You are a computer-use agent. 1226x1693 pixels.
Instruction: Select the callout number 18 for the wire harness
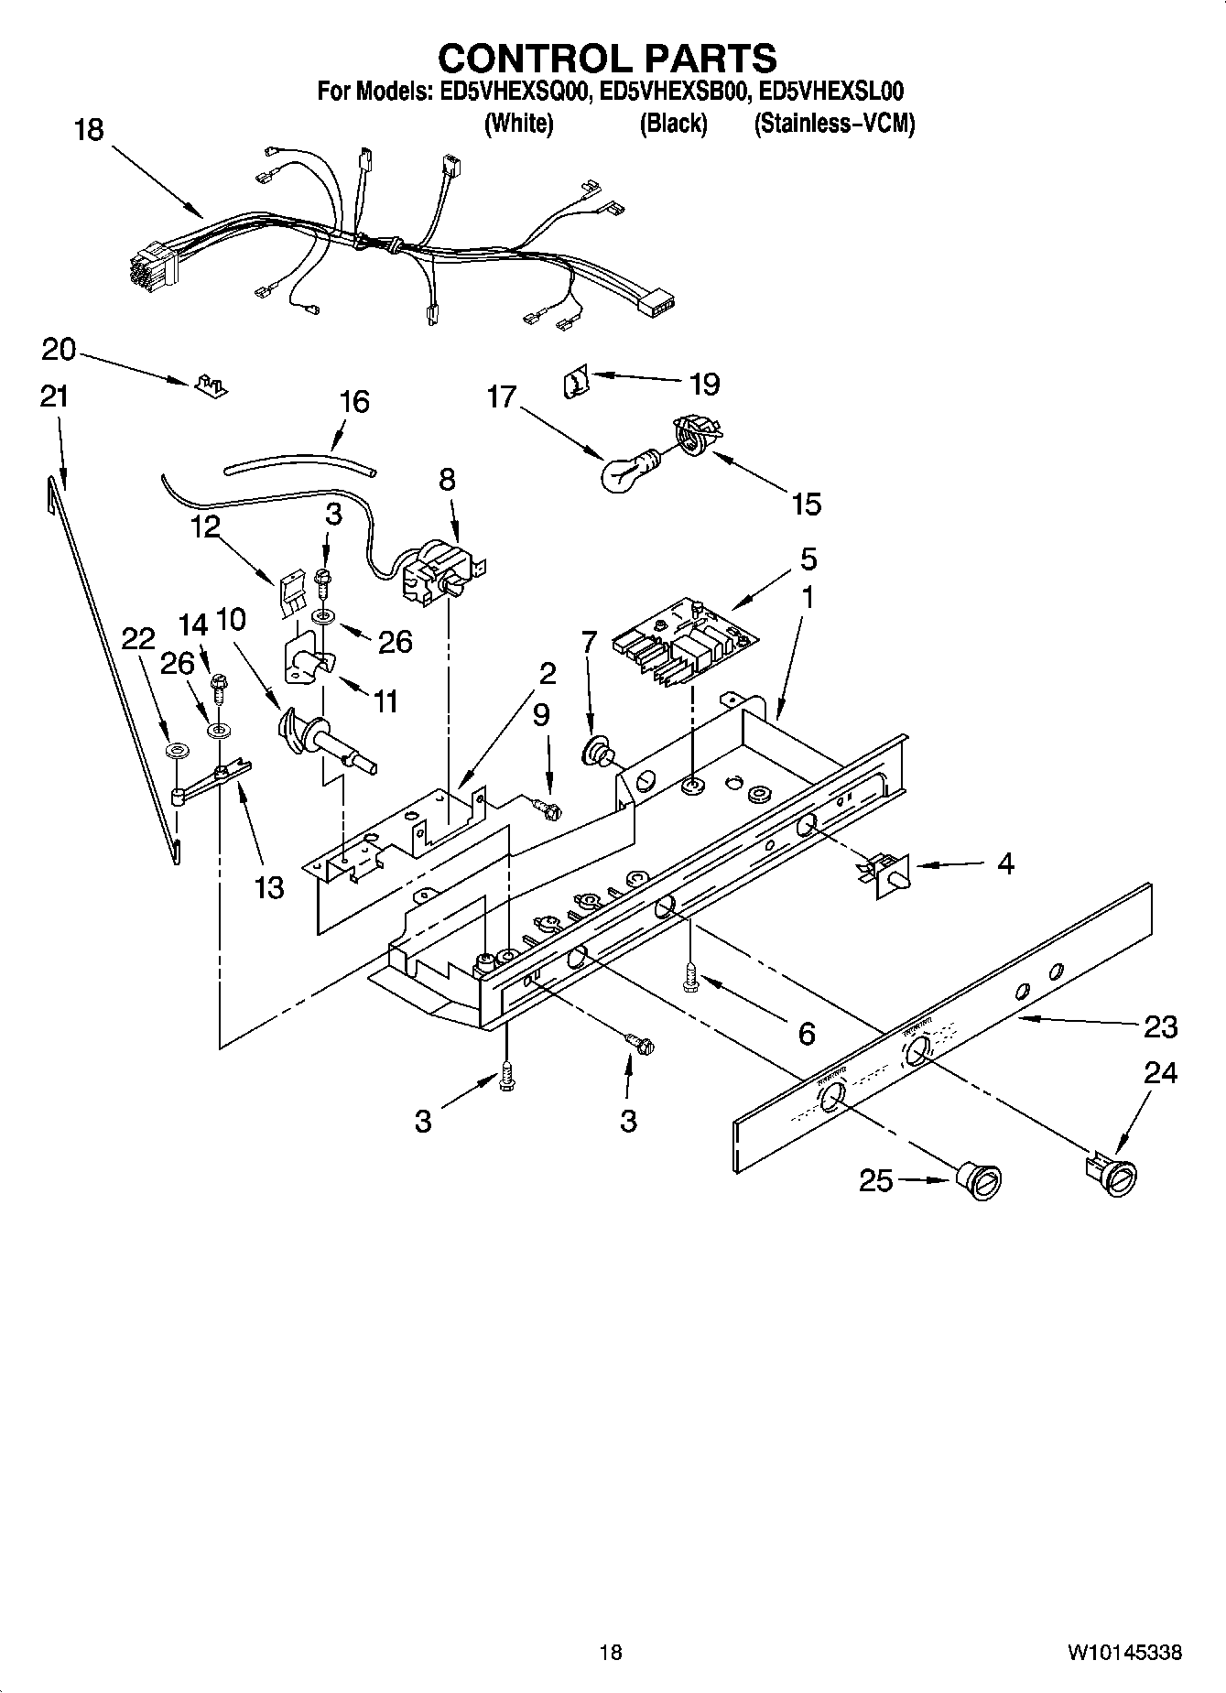click(89, 130)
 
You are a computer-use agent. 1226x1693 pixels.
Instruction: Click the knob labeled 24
click(1115, 1177)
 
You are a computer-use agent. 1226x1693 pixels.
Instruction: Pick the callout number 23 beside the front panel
click(1160, 1026)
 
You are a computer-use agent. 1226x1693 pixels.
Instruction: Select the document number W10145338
click(1123, 1653)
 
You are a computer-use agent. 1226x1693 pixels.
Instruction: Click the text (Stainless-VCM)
click(833, 124)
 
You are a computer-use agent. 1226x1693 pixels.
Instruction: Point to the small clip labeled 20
click(211, 385)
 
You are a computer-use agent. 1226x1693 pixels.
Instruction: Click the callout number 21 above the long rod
click(54, 396)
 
